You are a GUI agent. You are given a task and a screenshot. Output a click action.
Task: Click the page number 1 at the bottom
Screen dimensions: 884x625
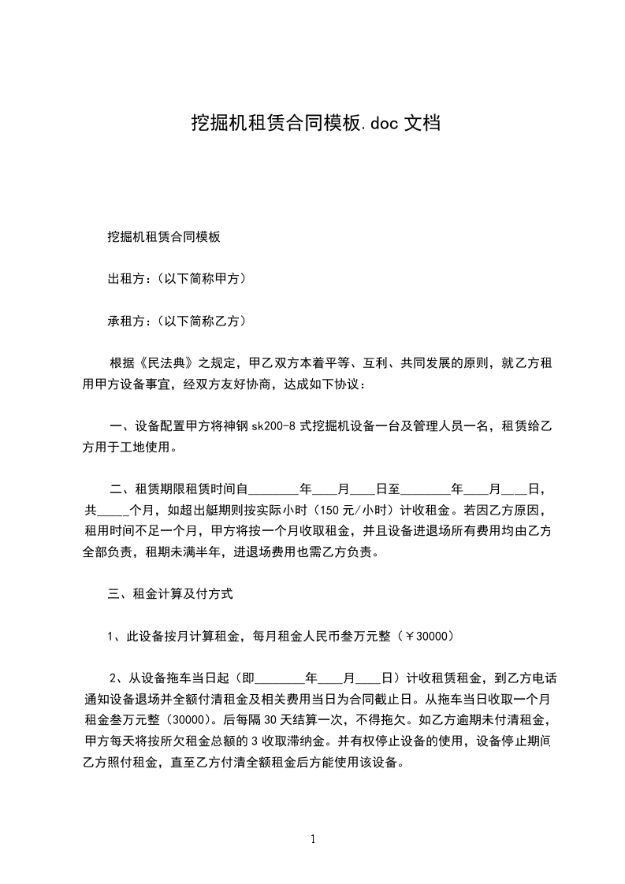313,838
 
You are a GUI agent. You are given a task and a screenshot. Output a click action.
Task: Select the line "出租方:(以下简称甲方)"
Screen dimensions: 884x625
177,278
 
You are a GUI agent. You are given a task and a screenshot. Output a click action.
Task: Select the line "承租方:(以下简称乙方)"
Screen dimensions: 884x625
177,321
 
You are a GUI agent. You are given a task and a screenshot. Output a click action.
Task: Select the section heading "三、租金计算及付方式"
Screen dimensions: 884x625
169,594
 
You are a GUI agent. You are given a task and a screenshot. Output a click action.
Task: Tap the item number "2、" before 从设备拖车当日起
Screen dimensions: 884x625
116,677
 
